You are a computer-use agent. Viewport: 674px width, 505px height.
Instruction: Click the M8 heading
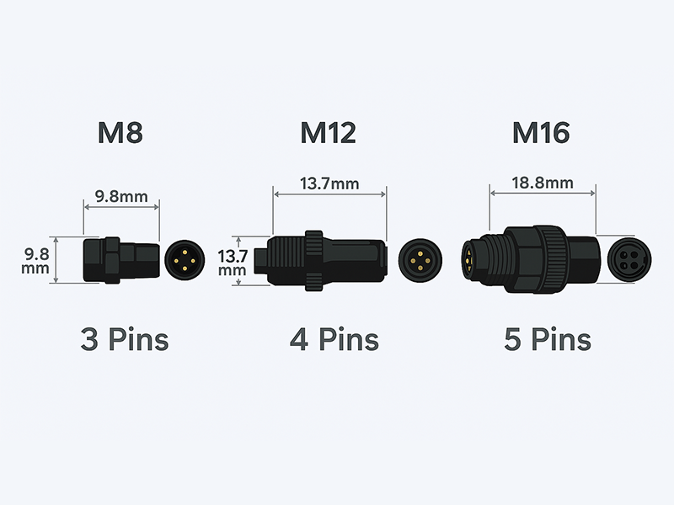(x=120, y=133)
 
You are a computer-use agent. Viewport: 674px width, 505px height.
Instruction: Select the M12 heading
(x=329, y=133)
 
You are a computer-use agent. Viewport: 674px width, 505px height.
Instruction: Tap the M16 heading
(x=541, y=133)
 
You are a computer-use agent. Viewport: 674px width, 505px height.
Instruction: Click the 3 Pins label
(x=125, y=339)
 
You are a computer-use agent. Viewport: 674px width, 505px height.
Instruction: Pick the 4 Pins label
(x=334, y=339)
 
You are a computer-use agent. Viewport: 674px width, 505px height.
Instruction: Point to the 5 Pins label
(x=548, y=339)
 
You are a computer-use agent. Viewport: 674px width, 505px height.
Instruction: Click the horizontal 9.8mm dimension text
(x=121, y=197)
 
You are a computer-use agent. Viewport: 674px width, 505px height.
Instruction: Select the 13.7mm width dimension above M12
(x=329, y=183)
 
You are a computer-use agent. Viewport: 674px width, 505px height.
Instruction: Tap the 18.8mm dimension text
(x=543, y=183)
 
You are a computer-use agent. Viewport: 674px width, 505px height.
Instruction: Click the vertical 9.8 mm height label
(x=36, y=261)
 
